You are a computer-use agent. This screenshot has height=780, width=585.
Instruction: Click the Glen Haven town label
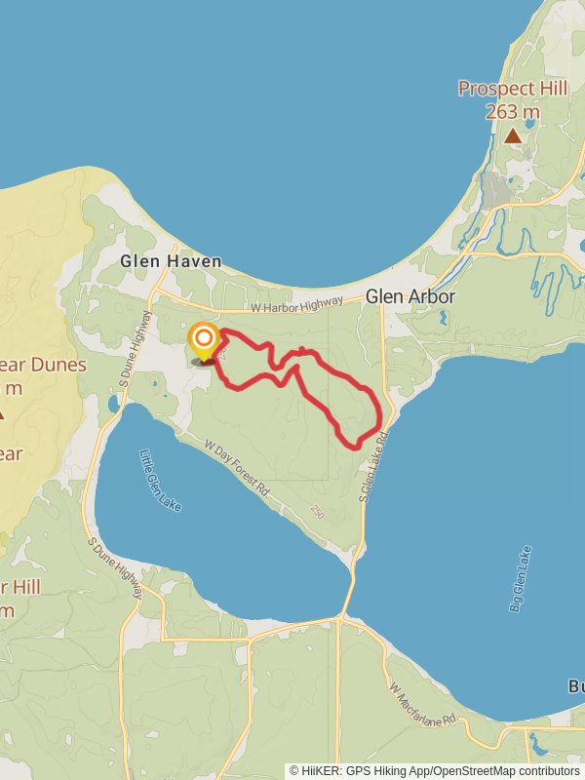171,261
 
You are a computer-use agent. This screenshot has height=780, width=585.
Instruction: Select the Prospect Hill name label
513,89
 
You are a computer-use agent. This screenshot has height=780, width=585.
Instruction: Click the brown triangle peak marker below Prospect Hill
513,136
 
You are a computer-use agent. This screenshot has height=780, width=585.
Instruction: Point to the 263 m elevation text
513,112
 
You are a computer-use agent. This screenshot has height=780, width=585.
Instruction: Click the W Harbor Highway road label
296,307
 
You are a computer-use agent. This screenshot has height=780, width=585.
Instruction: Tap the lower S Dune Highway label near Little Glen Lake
116,569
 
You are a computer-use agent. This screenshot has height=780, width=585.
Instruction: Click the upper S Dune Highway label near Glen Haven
138,346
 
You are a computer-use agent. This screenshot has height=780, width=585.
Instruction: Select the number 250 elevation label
318,511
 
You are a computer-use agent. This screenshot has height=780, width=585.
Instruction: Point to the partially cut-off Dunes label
43,366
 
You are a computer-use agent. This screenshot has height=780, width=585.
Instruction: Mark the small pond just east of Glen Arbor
444,317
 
